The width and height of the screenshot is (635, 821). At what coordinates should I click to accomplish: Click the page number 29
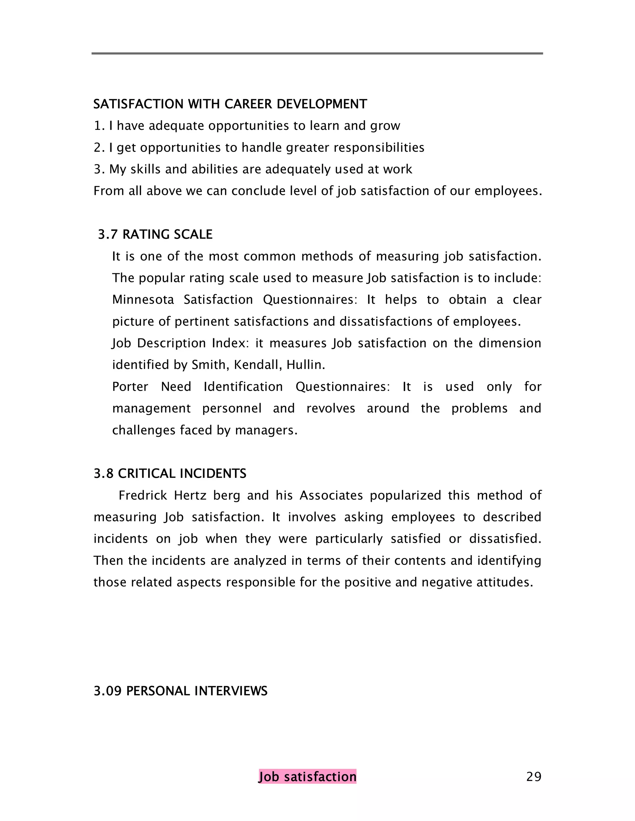click(533, 776)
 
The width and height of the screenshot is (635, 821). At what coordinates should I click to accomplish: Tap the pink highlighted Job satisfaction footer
click(307, 776)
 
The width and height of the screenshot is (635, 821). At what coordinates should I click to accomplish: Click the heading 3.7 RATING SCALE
click(155, 234)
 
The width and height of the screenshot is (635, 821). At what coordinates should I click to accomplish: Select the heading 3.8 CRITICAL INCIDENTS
click(170, 473)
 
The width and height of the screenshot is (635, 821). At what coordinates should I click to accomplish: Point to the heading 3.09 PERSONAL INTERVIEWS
click(180, 691)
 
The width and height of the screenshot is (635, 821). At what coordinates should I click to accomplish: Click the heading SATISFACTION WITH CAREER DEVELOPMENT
click(230, 104)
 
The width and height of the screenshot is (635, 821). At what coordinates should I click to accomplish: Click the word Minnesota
click(143, 300)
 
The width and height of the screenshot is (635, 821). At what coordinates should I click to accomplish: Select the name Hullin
click(305, 365)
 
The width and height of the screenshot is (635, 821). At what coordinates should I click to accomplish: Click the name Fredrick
click(143, 495)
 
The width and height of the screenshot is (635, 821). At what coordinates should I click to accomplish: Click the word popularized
click(405, 495)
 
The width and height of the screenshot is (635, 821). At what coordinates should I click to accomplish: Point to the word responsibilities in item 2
click(379, 147)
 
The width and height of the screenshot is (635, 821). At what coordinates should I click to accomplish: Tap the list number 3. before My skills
click(99, 169)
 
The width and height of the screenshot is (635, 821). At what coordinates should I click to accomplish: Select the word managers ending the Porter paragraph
click(266, 430)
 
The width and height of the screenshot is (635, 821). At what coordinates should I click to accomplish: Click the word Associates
click(331, 495)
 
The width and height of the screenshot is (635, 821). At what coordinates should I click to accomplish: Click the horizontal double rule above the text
click(317, 53)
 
